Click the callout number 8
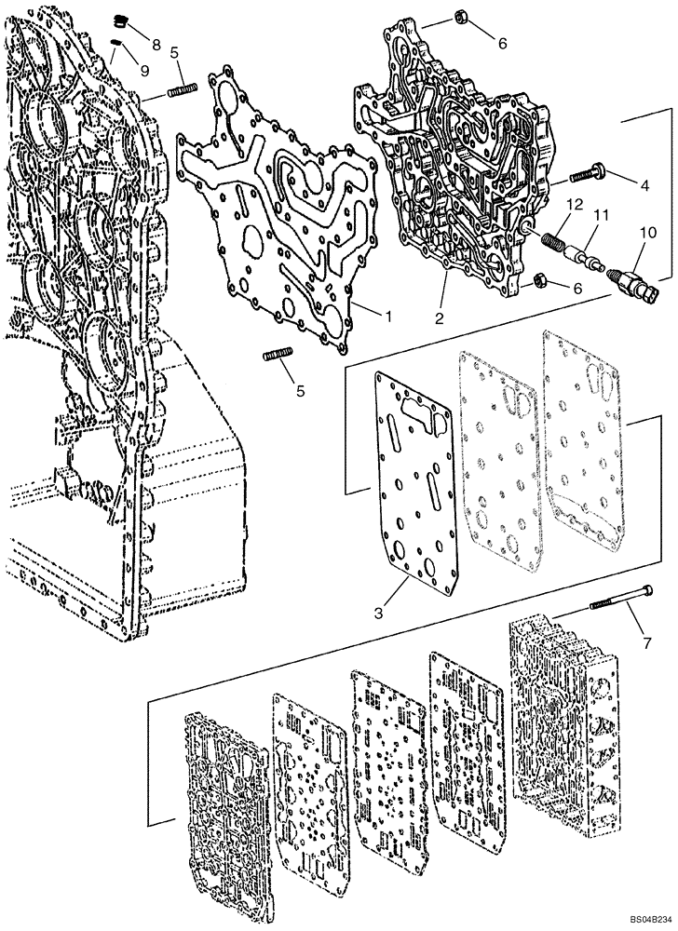[x=155, y=45]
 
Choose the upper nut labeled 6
[x=460, y=16]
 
